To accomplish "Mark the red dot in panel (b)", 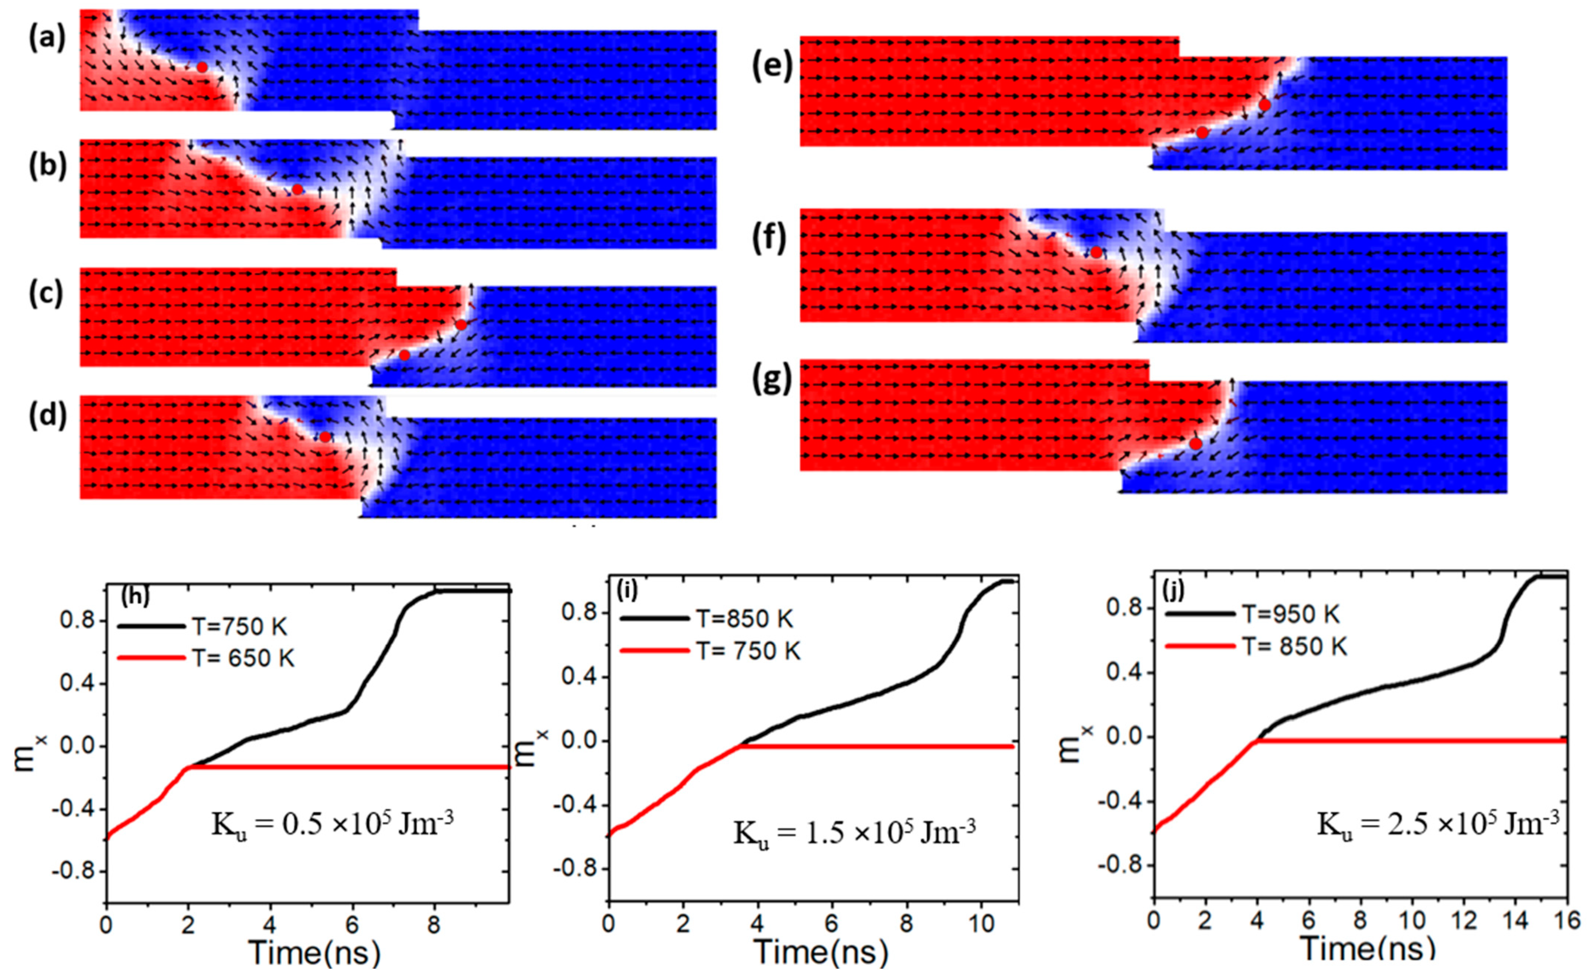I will [x=296, y=190].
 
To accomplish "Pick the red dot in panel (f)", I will [x=1095, y=252].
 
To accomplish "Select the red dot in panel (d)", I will [x=324, y=437].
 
